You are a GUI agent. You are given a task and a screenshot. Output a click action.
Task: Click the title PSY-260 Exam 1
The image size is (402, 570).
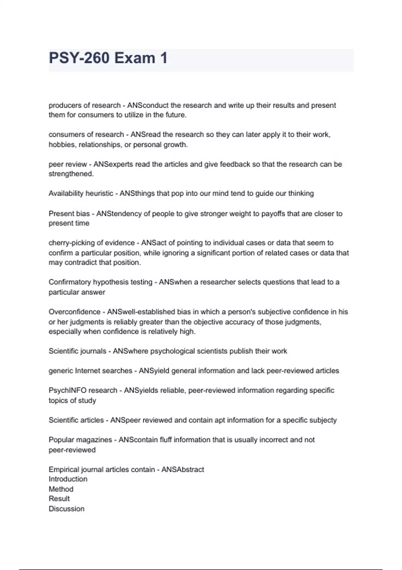tap(108, 58)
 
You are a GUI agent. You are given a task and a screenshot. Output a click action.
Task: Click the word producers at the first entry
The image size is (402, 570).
tap(65, 105)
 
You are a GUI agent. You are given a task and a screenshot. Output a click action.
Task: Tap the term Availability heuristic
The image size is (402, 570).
tap(81, 193)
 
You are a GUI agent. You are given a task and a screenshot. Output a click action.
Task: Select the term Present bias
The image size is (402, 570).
tap(69, 214)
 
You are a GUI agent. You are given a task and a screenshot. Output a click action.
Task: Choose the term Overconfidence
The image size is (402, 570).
tap(74, 312)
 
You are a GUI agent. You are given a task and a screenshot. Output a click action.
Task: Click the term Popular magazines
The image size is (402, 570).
tap(80, 440)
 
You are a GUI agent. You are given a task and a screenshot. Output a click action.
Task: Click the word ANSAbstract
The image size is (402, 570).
tap(183, 469)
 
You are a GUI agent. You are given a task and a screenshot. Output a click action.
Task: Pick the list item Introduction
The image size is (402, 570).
tap(68, 479)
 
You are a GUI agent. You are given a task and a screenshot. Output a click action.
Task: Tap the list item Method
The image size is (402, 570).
tap(61, 489)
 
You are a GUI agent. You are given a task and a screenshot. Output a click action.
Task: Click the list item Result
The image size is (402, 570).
tap(59, 499)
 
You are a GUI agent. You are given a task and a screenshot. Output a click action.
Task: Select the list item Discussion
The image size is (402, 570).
tap(66, 509)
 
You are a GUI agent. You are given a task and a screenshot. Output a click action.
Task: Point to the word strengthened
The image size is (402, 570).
tap(70, 174)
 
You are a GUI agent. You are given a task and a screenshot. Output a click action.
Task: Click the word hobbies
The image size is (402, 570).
tap(62, 145)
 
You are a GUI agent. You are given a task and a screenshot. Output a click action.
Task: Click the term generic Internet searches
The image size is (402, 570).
tap(90, 371)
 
